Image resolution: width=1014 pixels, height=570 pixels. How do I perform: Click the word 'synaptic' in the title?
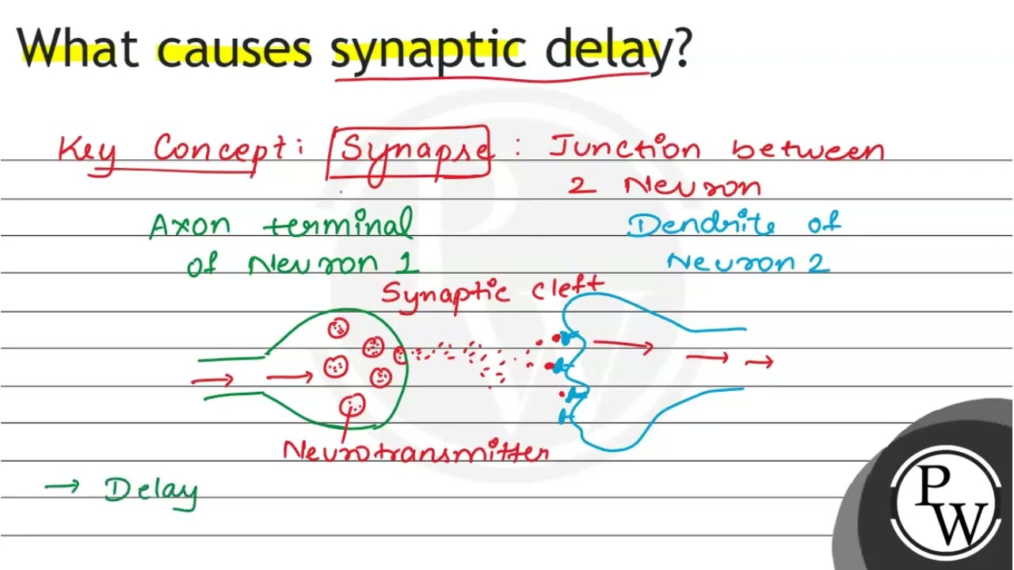(428, 50)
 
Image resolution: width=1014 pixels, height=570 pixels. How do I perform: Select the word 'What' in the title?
(77, 48)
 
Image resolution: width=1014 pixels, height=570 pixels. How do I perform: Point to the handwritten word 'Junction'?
(625, 147)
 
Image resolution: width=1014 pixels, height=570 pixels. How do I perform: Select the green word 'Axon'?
(190, 226)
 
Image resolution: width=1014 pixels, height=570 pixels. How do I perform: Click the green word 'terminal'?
(338, 223)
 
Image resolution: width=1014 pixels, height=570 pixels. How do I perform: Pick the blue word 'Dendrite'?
(701, 224)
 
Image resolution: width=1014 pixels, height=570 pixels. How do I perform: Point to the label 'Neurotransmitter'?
(416, 450)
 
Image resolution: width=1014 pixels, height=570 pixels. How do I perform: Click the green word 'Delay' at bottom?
(151, 493)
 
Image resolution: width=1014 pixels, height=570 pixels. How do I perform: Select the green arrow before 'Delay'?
(62, 486)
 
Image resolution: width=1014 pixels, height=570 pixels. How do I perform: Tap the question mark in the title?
(679, 48)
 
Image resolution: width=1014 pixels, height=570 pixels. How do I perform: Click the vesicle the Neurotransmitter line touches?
(353, 405)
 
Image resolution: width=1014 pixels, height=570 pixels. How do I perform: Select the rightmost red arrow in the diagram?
(759, 362)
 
